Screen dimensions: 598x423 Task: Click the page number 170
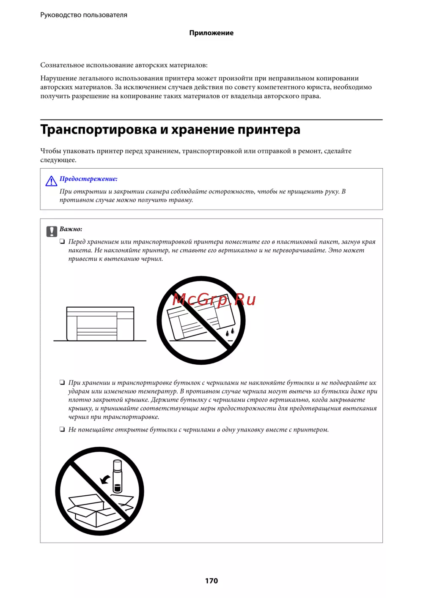pos(211,581)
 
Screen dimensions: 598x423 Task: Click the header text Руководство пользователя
pos(84,15)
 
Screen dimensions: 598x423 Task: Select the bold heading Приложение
pos(211,33)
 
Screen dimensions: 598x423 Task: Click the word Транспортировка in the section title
pos(98,129)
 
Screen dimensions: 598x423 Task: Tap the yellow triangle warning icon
pos(51,181)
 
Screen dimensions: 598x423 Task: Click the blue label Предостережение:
pos(88,179)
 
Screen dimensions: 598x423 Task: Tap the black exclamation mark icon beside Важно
pos(52,231)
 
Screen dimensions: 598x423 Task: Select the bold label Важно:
pos(71,229)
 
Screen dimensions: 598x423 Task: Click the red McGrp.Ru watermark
pos(214,300)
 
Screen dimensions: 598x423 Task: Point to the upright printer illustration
pos(100,324)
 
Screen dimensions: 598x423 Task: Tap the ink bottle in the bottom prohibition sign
pos(117,476)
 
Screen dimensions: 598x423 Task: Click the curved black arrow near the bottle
pos(105,479)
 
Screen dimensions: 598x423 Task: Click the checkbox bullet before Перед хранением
pos(62,242)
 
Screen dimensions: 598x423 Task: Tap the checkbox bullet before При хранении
pos(62,383)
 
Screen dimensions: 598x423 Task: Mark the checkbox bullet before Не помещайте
pos(62,430)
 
